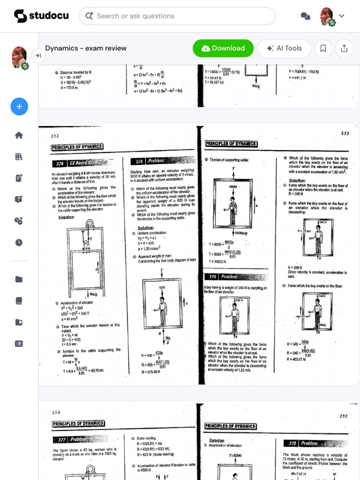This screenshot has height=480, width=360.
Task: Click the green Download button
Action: pos(223,48)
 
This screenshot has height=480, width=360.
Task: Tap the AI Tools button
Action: pos(284,48)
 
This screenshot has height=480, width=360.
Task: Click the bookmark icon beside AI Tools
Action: pos(323,48)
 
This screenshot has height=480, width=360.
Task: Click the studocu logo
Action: pos(41,16)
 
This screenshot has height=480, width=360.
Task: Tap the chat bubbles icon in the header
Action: pos(305,16)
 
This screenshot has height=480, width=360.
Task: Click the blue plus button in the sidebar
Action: pos(19,106)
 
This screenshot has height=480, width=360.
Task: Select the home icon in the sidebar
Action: pos(19,135)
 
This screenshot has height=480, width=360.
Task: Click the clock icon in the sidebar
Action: pos(19,242)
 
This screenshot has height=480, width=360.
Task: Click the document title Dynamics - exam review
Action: pos(86,48)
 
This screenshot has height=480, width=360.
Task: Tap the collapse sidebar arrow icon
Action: pos(38,56)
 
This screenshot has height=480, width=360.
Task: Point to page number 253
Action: pos(345,134)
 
